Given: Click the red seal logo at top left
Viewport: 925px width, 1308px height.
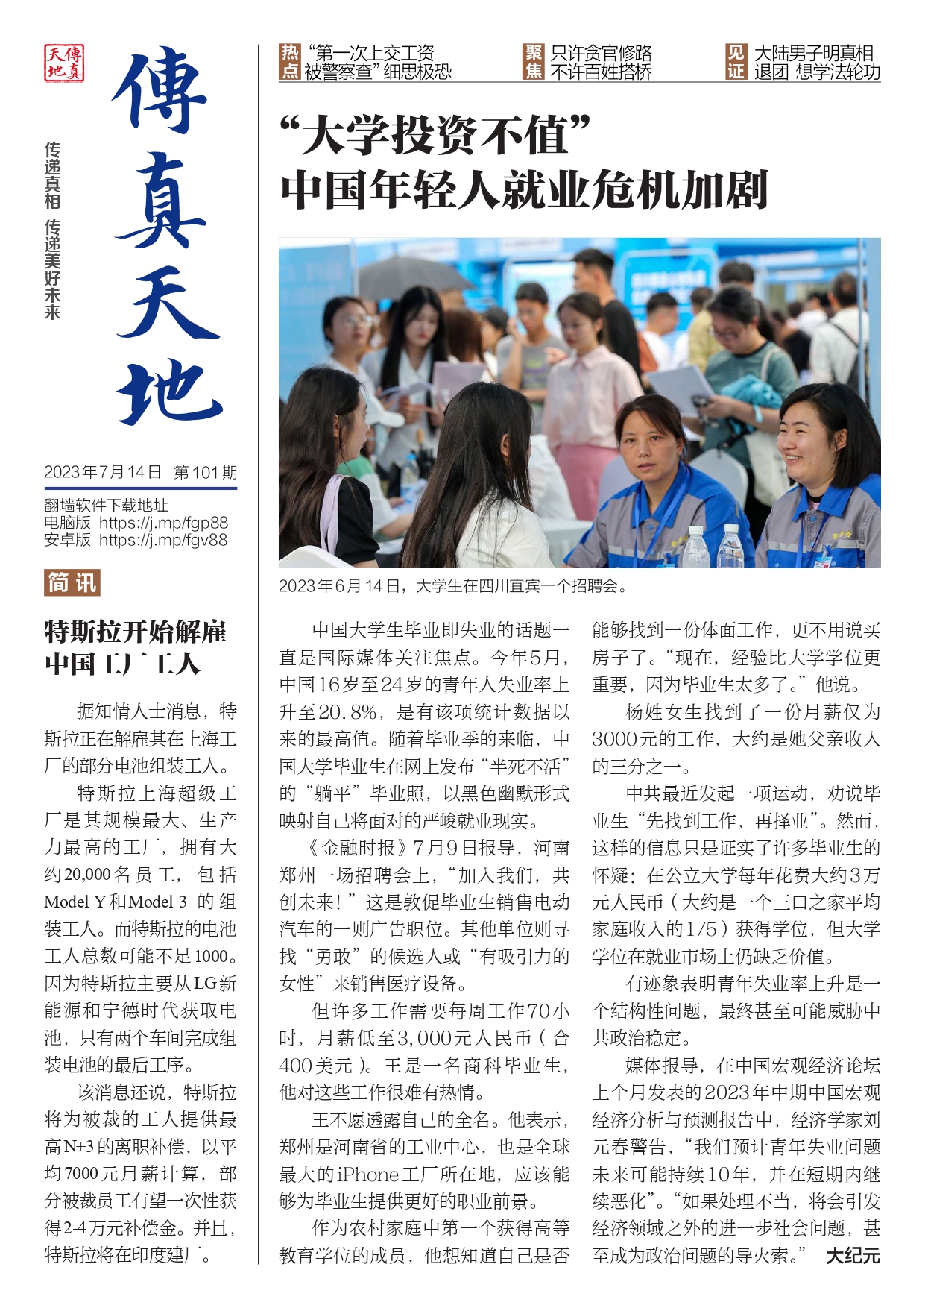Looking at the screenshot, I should click(x=64, y=63).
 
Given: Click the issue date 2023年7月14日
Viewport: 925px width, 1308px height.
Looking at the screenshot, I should click(x=103, y=472).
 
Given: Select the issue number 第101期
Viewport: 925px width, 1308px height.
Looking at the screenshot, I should click(x=205, y=472).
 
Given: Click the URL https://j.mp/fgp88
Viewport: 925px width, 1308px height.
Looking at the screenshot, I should click(x=163, y=523).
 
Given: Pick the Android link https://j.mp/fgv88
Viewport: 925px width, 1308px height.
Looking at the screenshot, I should click(x=163, y=540).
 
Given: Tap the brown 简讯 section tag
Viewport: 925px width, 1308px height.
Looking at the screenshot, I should click(x=72, y=582).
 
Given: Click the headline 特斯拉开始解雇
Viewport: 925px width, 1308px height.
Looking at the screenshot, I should click(x=135, y=632).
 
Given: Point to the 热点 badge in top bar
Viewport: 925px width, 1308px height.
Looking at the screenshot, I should click(x=289, y=62).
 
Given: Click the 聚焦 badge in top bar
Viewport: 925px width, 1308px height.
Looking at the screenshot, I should click(x=534, y=62).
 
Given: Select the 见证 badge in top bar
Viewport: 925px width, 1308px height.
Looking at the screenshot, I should click(x=736, y=62).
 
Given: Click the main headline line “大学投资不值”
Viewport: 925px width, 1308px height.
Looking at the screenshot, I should click(x=435, y=136).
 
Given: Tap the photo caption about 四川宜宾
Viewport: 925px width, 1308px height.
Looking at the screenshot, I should click(x=452, y=586).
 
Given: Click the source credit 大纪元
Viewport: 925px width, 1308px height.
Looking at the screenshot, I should click(x=853, y=1255).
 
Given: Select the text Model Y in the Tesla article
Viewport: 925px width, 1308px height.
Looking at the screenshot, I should click(x=75, y=902).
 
